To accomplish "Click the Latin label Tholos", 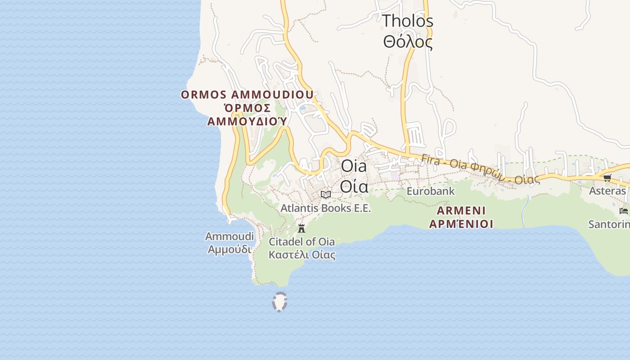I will [407, 21].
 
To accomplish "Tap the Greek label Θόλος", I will [407, 42].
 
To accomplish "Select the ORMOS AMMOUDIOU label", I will [247, 95].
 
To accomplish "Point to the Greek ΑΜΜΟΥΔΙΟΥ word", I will [247, 121].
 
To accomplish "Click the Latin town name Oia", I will [354, 166].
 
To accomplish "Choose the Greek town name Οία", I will [354, 186].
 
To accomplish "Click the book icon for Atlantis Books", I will [325, 194].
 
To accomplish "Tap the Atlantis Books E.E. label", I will [325, 208].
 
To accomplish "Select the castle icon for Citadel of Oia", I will [301, 228].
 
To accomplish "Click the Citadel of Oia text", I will [301, 242].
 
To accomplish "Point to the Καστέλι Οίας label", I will [301, 255].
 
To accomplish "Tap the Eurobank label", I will [430, 191].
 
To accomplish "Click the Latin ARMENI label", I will [461, 211].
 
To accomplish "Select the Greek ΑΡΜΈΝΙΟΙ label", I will [461, 224].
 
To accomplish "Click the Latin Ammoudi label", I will [229, 236].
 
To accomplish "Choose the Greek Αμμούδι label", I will [229, 248].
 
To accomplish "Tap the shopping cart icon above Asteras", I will [607, 178].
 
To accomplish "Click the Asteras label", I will [607, 191].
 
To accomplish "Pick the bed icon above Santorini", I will [623, 211].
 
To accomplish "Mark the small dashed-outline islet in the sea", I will [279, 301].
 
